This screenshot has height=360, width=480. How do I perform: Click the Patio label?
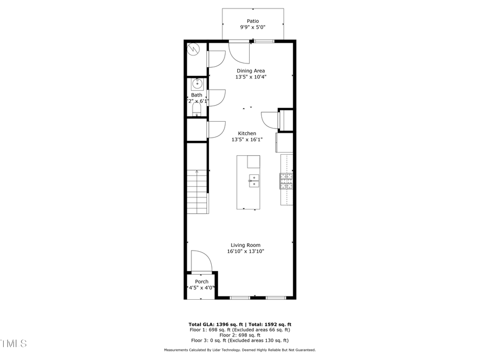click(x=253, y=21)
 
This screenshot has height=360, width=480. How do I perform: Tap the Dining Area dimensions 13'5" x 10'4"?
click(x=251, y=77)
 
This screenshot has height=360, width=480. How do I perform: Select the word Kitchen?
click(x=247, y=133)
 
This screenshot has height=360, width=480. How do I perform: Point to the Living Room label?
click(x=245, y=245)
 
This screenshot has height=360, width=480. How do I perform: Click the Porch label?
click(x=202, y=282)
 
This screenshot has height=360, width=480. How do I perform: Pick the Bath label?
click(x=197, y=95)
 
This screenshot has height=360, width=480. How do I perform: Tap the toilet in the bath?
click(x=196, y=110)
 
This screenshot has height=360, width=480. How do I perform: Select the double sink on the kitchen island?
click(x=254, y=181)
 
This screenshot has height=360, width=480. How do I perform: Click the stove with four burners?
click(x=286, y=181)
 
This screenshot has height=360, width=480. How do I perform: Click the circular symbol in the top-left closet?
click(x=193, y=50)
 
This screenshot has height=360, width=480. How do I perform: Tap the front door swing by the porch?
click(x=201, y=261)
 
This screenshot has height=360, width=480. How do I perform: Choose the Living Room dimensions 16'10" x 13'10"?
click(x=245, y=251)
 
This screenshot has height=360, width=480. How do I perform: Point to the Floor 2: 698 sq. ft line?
click(x=239, y=335)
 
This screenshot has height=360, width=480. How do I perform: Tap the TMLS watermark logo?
click(x=13, y=343)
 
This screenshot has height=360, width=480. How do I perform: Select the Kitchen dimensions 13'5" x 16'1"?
click(x=247, y=140)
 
